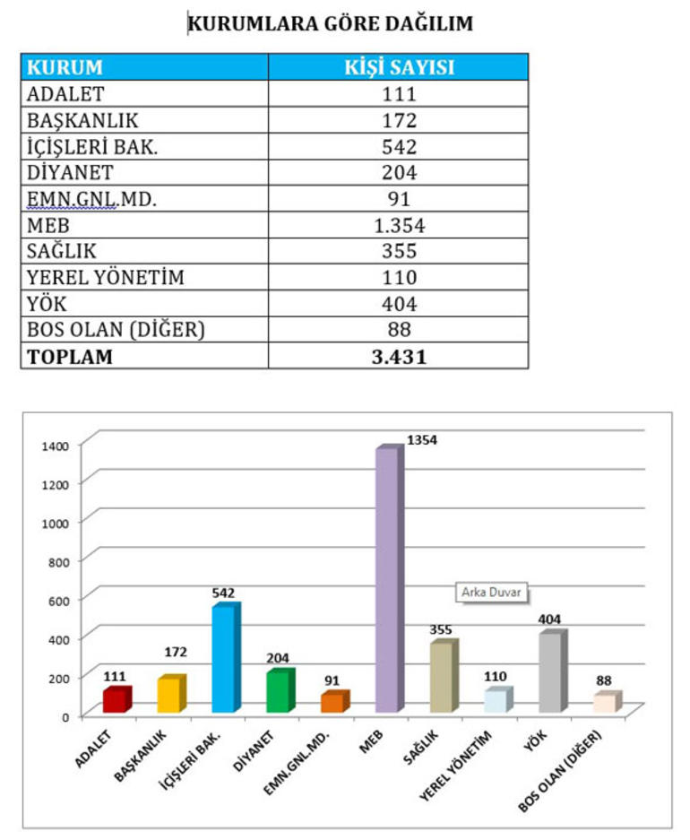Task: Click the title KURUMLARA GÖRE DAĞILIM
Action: tap(330, 24)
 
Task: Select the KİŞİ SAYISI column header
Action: tap(399, 67)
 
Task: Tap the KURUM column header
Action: tap(65, 67)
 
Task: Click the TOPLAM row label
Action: tap(70, 356)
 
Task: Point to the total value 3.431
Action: tap(399, 356)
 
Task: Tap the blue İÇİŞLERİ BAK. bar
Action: tap(224, 659)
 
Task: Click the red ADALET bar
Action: tap(115, 699)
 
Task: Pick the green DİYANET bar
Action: tap(279, 691)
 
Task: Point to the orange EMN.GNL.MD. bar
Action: tap(332, 702)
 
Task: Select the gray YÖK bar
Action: tap(551, 672)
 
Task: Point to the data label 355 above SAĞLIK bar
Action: tap(441, 629)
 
